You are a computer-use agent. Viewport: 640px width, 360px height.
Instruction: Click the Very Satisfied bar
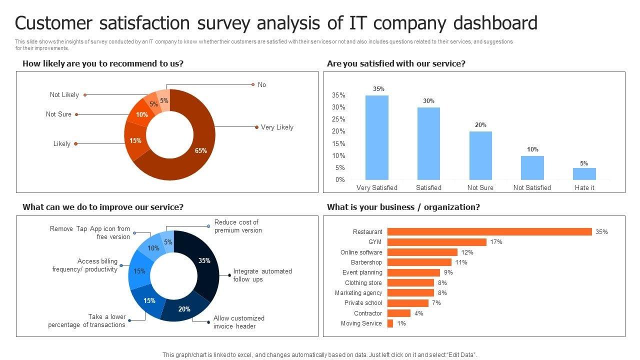click(377, 137)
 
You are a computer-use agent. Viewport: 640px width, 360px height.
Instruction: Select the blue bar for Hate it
click(584, 174)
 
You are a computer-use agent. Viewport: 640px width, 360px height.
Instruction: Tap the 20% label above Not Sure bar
click(480, 125)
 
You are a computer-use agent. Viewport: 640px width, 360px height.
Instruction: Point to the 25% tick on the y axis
click(338, 119)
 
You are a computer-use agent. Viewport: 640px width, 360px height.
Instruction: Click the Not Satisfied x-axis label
click(532, 187)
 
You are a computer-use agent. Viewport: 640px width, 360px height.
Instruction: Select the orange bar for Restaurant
click(489, 232)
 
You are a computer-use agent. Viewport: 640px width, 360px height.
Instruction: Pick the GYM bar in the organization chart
click(436, 242)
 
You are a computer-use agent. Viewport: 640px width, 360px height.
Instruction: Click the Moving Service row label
click(361, 323)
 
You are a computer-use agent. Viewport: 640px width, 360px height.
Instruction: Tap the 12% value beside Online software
click(467, 252)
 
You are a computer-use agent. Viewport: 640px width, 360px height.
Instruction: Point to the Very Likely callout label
click(277, 127)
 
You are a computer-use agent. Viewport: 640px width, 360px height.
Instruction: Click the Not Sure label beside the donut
click(58, 114)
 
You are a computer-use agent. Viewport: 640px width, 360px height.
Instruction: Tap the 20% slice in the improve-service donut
click(184, 309)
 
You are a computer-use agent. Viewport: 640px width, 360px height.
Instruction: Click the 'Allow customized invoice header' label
click(238, 322)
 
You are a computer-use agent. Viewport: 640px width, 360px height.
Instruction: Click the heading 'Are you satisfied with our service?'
click(396, 64)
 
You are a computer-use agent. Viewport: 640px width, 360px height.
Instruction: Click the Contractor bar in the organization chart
click(398, 313)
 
